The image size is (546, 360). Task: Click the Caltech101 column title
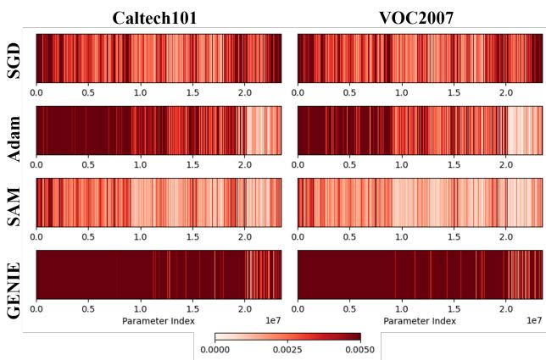coord(158,16)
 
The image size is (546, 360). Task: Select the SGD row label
coord(14,58)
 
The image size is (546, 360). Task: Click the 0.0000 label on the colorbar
coord(215,349)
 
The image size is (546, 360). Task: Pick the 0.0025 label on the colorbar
coord(287,349)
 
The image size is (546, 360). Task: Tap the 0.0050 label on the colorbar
coord(360,349)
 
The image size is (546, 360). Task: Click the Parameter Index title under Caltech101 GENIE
coord(158,321)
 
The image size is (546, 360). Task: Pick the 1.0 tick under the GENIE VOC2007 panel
coord(402,308)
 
